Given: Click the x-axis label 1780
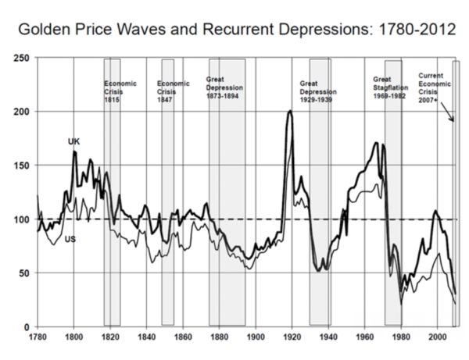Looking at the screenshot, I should coord(37,337).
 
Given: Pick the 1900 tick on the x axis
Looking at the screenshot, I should coord(255,337).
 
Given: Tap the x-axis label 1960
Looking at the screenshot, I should coord(363,337).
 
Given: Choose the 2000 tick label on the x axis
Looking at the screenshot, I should coord(436,337).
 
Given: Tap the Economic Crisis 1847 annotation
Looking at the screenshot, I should coord(173,90).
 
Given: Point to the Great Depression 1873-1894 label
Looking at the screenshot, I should coord(226,87).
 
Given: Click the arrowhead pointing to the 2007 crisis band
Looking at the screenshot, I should coord(453,119).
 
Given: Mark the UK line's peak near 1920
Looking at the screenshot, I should coord(290,111).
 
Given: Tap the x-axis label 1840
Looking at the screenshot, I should coord(146,337).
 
